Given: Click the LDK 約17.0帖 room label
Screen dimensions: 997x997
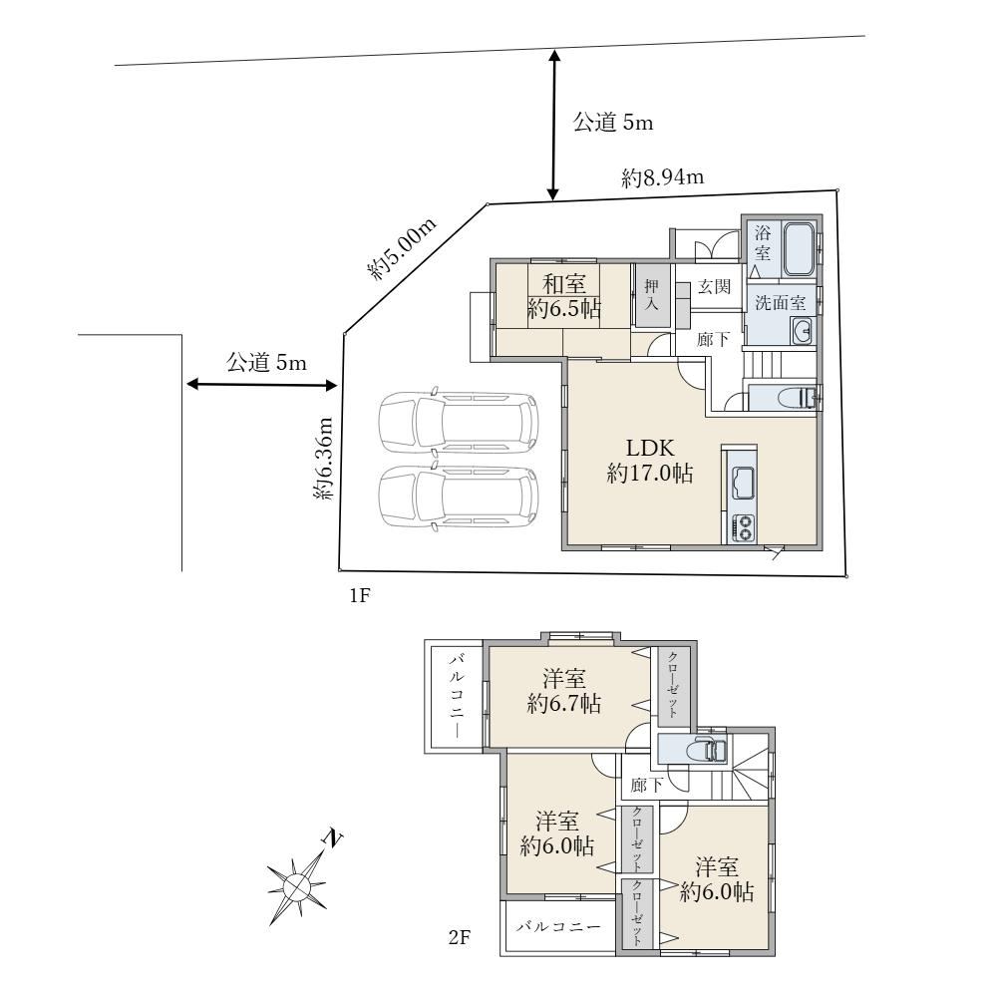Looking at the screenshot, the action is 650,461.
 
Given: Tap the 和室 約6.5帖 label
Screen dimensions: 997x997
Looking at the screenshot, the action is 564,296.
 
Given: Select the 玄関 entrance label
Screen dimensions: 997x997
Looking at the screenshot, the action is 714,287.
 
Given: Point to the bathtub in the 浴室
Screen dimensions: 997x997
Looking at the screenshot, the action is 799,249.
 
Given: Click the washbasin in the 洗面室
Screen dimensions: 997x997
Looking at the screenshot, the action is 803,331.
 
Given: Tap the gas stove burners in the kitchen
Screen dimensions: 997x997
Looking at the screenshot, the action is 743,527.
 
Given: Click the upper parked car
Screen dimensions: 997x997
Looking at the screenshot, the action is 458,423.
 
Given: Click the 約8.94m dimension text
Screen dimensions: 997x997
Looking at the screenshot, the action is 663,177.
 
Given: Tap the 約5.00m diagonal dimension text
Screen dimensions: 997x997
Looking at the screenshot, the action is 403,249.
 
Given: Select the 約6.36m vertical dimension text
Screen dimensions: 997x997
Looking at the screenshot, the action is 324,458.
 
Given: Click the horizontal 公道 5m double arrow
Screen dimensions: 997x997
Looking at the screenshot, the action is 261,385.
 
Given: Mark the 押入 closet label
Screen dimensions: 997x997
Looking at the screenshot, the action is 650,295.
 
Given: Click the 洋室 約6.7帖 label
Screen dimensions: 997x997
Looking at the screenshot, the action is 564,691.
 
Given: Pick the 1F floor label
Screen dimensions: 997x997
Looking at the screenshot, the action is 359,596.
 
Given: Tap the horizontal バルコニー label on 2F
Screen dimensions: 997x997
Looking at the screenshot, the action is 558,926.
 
